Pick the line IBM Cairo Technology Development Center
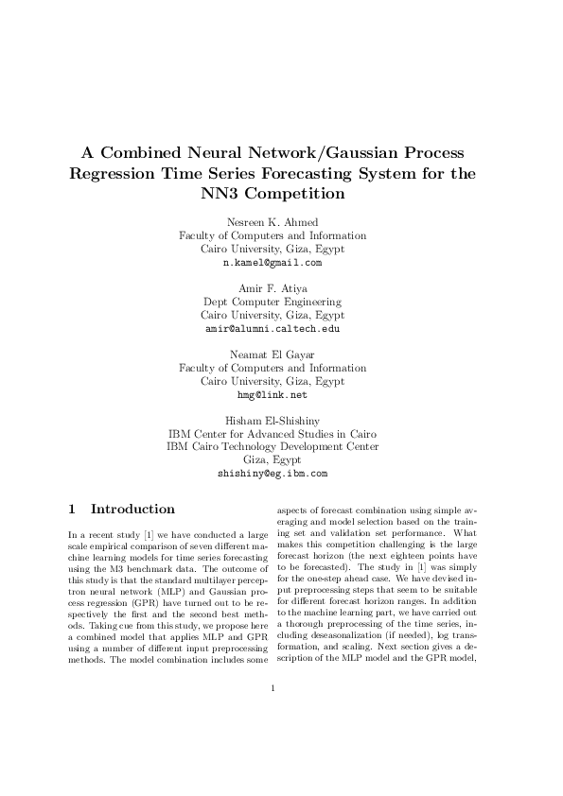click(x=273, y=447)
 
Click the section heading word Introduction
click(x=132, y=509)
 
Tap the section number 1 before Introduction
click(x=72, y=509)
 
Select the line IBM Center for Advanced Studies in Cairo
click(x=273, y=434)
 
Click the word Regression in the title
click(x=117, y=174)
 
